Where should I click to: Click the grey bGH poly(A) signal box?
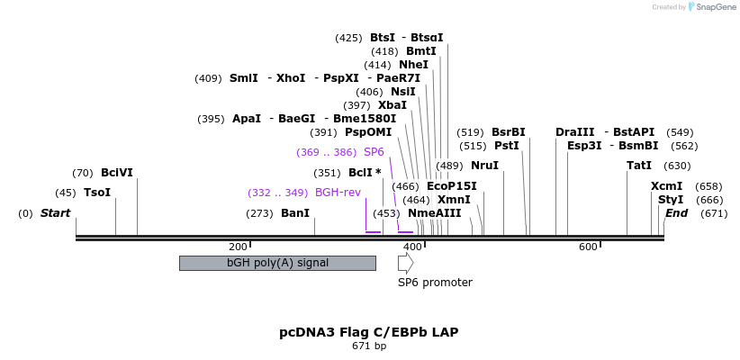tap(277, 263)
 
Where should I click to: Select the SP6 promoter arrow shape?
tap(406, 263)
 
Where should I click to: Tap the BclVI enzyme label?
tap(117, 172)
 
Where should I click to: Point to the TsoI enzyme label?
tap(97, 193)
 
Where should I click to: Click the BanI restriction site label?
tap(294, 213)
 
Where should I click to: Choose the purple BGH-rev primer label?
tap(338, 193)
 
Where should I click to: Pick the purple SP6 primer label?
tap(374, 152)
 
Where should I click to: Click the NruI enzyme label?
tap(484, 166)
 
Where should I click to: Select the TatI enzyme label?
tap(639, 166)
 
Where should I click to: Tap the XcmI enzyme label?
tap(666, 186)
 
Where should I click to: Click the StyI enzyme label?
tap(670, 200)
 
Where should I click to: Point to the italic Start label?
tap(55, 213)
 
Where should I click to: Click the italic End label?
tap(676, 213)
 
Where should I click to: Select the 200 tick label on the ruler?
tap(238, 247)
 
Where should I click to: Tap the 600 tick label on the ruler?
tap(588, 247)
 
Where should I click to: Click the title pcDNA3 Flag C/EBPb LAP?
tap(368, 332)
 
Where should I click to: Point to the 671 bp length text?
tap(368, 346)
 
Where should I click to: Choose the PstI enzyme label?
tap(507, 146)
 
